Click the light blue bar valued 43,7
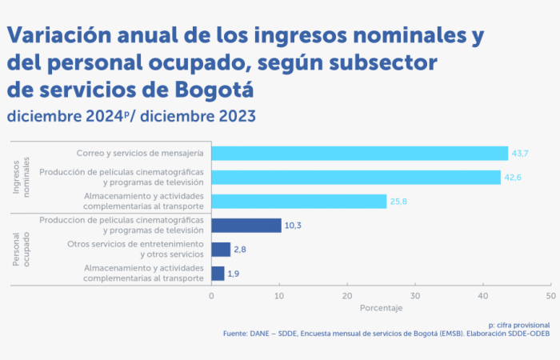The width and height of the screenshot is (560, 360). tap(360, 153)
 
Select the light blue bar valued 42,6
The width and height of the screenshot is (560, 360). tap(356, 177)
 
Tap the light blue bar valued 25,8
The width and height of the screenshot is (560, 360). tap(299, 201)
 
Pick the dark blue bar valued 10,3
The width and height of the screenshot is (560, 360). tap(246, 226)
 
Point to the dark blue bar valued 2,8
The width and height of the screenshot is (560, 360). tap(221, 250)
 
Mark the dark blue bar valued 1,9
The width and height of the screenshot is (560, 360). tap(218, 274)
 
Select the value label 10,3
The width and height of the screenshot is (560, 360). tap(294, 226)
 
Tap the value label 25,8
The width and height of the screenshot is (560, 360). tap(398, 202)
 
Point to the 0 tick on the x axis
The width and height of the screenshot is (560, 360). tap(211, 296)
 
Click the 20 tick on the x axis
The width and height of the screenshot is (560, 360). tap(347, 296)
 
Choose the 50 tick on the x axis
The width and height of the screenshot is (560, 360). tap(550, 296)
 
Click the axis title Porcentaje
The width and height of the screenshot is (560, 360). tap(381, 308)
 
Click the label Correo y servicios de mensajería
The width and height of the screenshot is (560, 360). tap(139, 153)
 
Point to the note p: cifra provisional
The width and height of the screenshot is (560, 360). tap(518, 325)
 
